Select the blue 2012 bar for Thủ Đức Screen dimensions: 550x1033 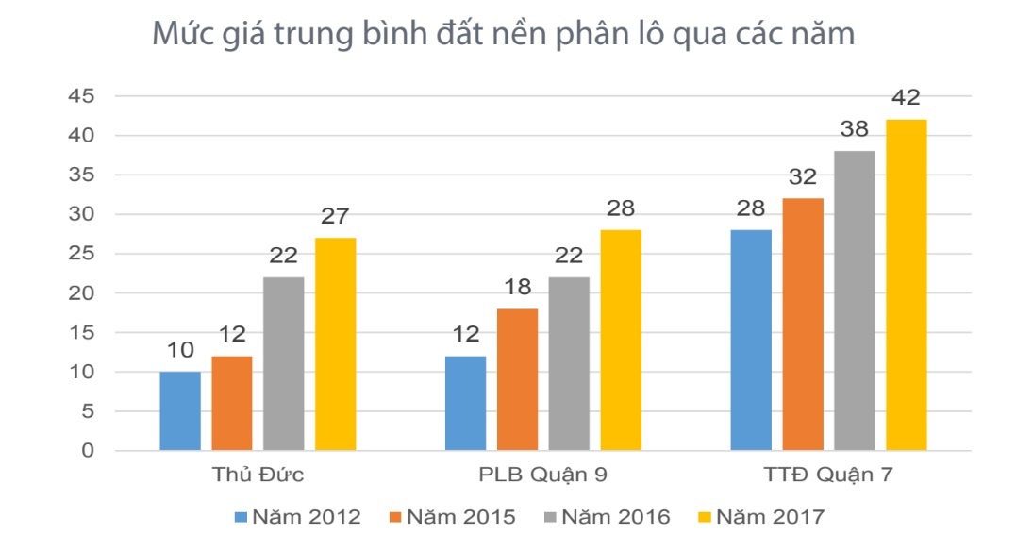point(180,410)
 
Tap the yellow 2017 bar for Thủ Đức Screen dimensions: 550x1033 point(335,344)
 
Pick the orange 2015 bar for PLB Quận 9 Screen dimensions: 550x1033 point(516,379)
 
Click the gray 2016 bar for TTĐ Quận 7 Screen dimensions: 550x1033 point(855,300)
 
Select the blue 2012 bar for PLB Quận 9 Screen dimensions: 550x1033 point(464,403)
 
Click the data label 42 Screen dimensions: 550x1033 point(907,98)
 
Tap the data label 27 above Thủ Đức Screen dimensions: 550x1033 point(335,217)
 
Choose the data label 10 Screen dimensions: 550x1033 point(180,351)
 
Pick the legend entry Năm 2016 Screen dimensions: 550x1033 point(614,517)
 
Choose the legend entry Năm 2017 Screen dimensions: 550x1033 point(769,517)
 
